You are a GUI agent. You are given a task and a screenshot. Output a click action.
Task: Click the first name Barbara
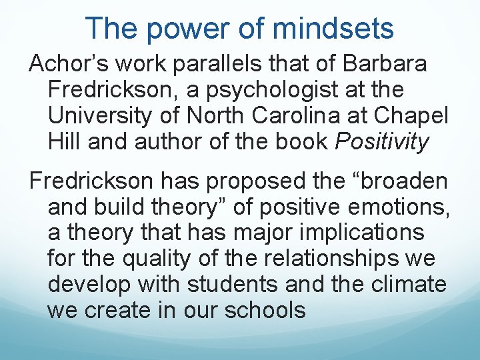tap(385, 65)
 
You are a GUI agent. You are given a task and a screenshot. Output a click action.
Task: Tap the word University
tap(104, 115)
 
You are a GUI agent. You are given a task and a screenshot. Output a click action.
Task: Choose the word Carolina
tap(319, 115)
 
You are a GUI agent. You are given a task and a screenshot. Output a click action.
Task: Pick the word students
tap(233, 285)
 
